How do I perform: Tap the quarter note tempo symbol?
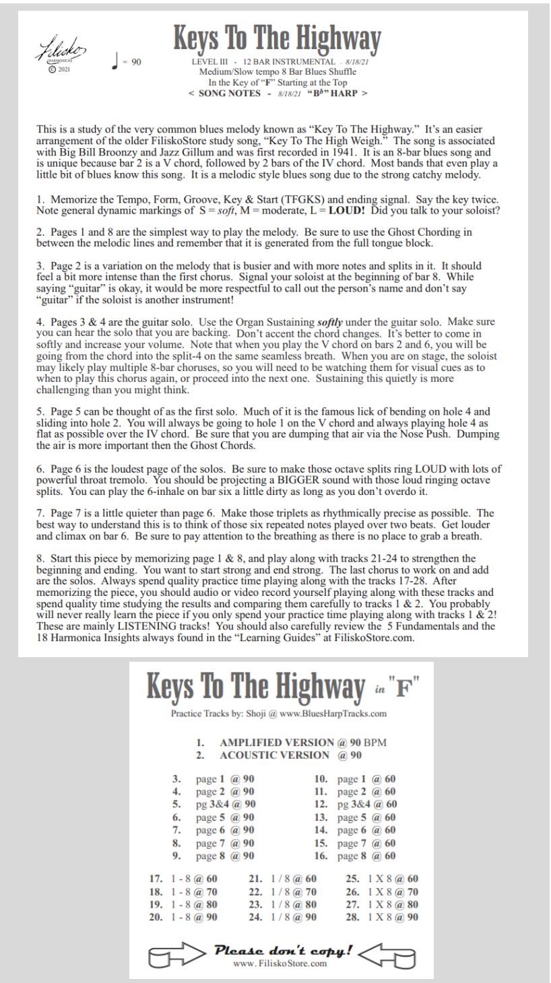point(117,63)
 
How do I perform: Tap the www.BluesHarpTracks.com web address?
point(338,713)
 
